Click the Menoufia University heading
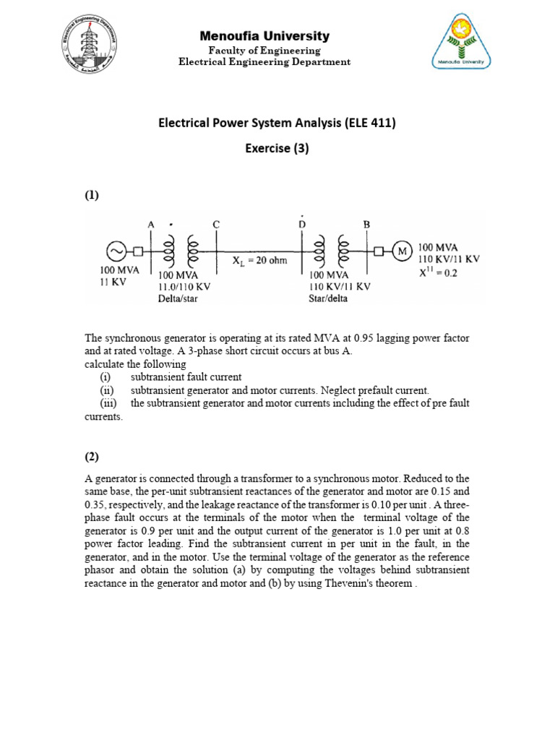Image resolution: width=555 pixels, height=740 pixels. (x=264, y=35)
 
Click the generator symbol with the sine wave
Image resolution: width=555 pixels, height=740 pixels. (x=115, y=251)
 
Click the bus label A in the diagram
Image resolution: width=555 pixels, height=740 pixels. (x=152, y=225)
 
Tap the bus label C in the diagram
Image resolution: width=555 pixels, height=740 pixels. (x=216, y=225)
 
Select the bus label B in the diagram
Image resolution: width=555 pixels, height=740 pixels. (x=366, y=225)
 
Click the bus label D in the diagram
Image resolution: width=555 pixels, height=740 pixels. (x=302, y=225)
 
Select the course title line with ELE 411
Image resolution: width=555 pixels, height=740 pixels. (x=277, y=123)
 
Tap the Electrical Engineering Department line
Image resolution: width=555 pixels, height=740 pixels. (x=264, y=62)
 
